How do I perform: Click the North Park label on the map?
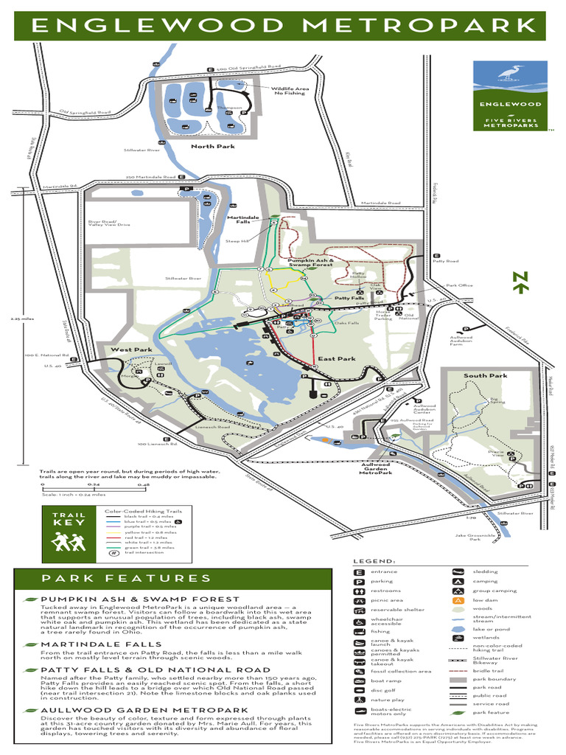click(x=212, y=147)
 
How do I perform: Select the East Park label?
click(x=337, y=359)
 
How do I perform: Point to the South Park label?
click(x=485, y=375)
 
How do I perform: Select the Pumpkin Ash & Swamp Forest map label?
click(x=310, y=262)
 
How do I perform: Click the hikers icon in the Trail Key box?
click(x=69, y=543)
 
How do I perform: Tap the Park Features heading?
click(x=126, y=579)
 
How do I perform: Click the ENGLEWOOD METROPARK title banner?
click(x=283, y=26)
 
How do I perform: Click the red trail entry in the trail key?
click(x=140, y=537)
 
